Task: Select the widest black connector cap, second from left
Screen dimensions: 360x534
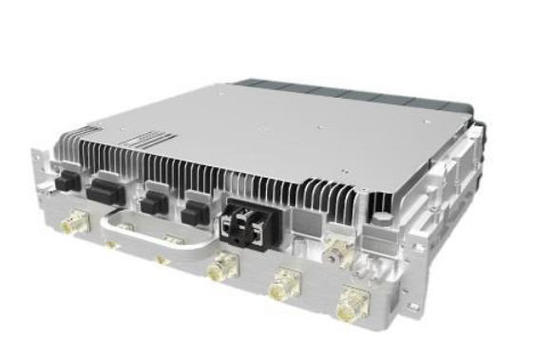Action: tap(102, 193)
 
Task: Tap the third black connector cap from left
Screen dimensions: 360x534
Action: tap(151, 201)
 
